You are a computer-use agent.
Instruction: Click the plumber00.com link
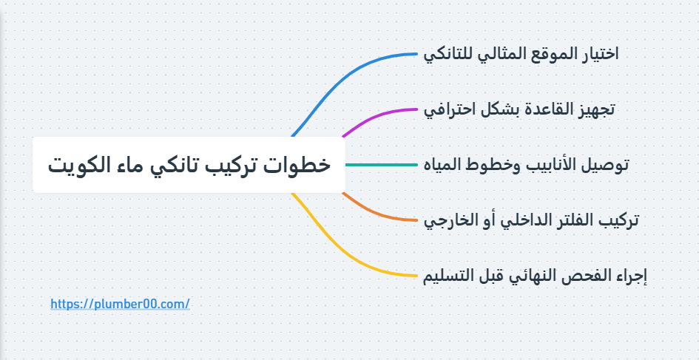click(x=121, y=304)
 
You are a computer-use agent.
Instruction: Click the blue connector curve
click(x=348, y=74)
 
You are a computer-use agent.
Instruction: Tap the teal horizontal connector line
click(x=381, y=165)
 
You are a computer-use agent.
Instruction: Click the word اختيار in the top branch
click(x=596, y=54)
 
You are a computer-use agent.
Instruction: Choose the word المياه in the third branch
click(x=445, y=165)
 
